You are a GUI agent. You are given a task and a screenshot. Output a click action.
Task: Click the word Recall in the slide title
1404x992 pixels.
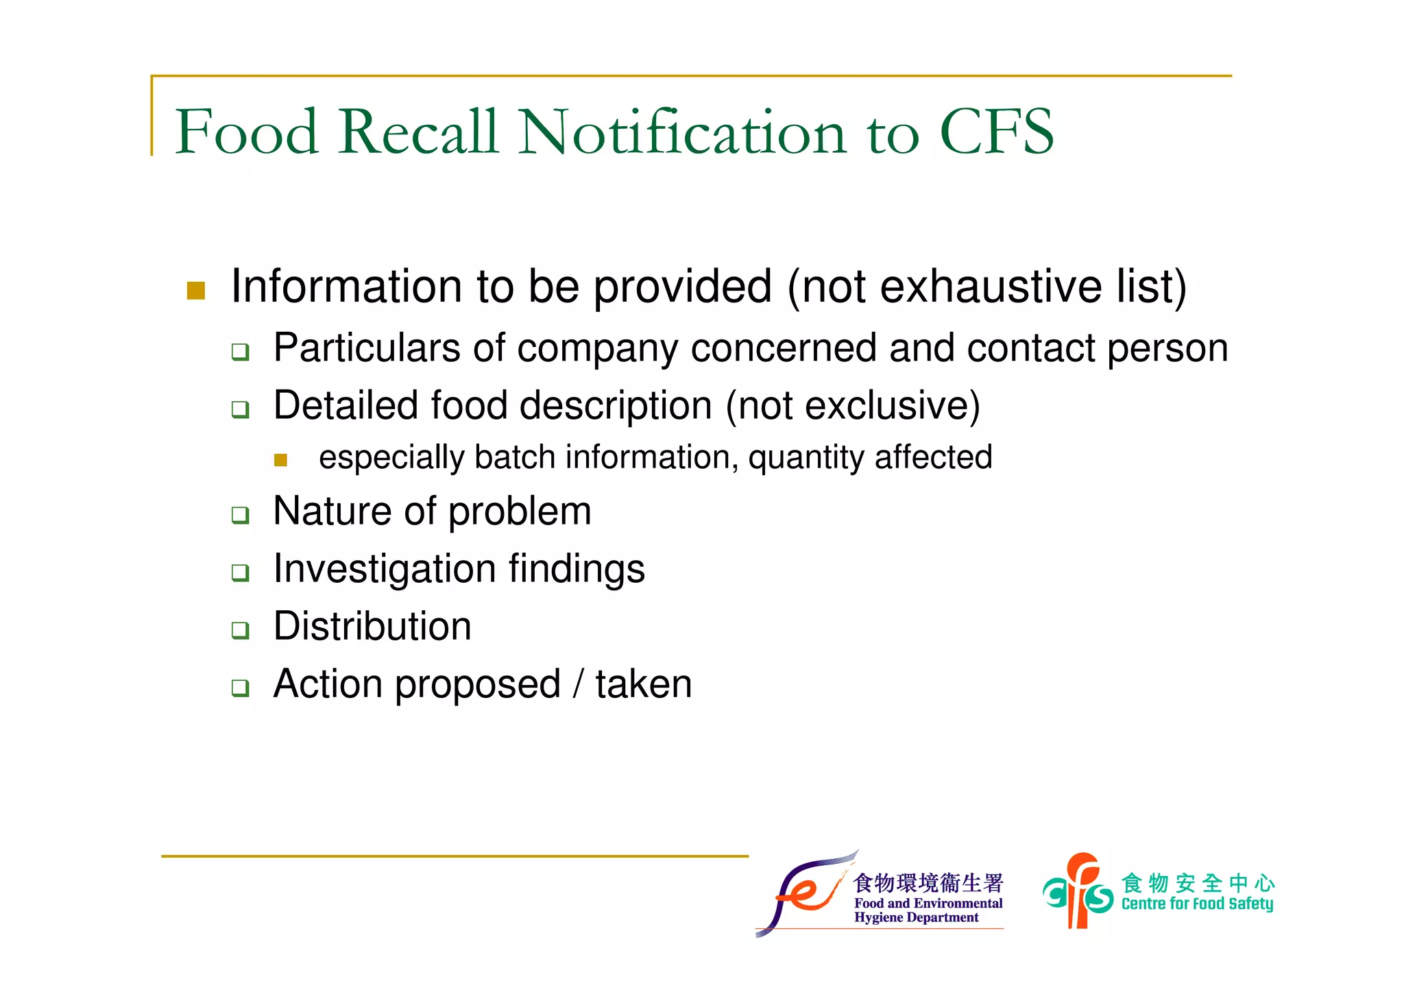coord(417,132)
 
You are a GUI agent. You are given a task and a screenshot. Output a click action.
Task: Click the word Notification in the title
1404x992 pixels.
coord(682,132)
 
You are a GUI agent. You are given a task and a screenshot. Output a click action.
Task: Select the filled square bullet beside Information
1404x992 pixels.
coord(196,291)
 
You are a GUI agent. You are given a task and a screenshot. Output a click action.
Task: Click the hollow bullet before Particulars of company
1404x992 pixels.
coord(240,352)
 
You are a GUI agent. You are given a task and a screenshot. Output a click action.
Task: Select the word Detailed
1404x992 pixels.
coord(346,405)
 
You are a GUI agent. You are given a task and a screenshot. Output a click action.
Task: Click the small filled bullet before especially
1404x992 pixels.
coord(280,460)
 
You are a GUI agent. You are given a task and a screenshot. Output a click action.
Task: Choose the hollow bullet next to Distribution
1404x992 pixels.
coord(240,630)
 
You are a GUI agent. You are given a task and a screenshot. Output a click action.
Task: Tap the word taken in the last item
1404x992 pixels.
coord(644,684)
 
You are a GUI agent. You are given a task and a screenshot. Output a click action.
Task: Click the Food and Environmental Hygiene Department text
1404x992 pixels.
coord(928,910)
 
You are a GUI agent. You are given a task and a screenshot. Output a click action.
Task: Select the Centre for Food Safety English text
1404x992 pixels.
coord(1197,904)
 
